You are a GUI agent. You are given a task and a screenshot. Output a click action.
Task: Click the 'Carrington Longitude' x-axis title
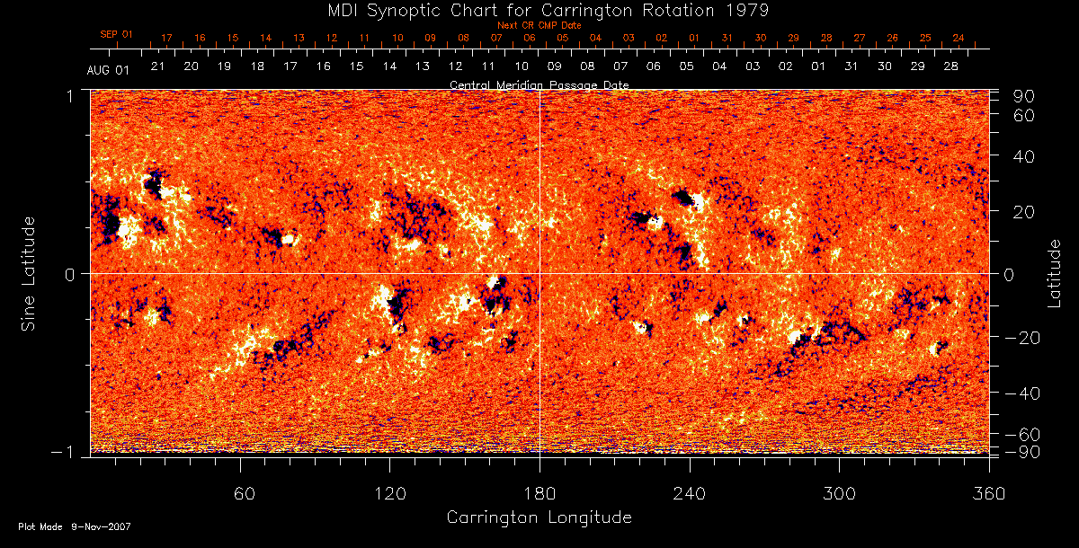539,517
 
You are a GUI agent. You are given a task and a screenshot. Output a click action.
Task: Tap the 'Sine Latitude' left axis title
29,272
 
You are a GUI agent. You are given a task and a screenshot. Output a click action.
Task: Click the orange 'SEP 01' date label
116,34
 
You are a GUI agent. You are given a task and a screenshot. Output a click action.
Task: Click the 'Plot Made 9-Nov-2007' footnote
75,526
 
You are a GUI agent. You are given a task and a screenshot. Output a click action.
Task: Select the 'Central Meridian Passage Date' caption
539,84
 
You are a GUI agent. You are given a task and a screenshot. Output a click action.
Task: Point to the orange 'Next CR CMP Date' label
539,25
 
